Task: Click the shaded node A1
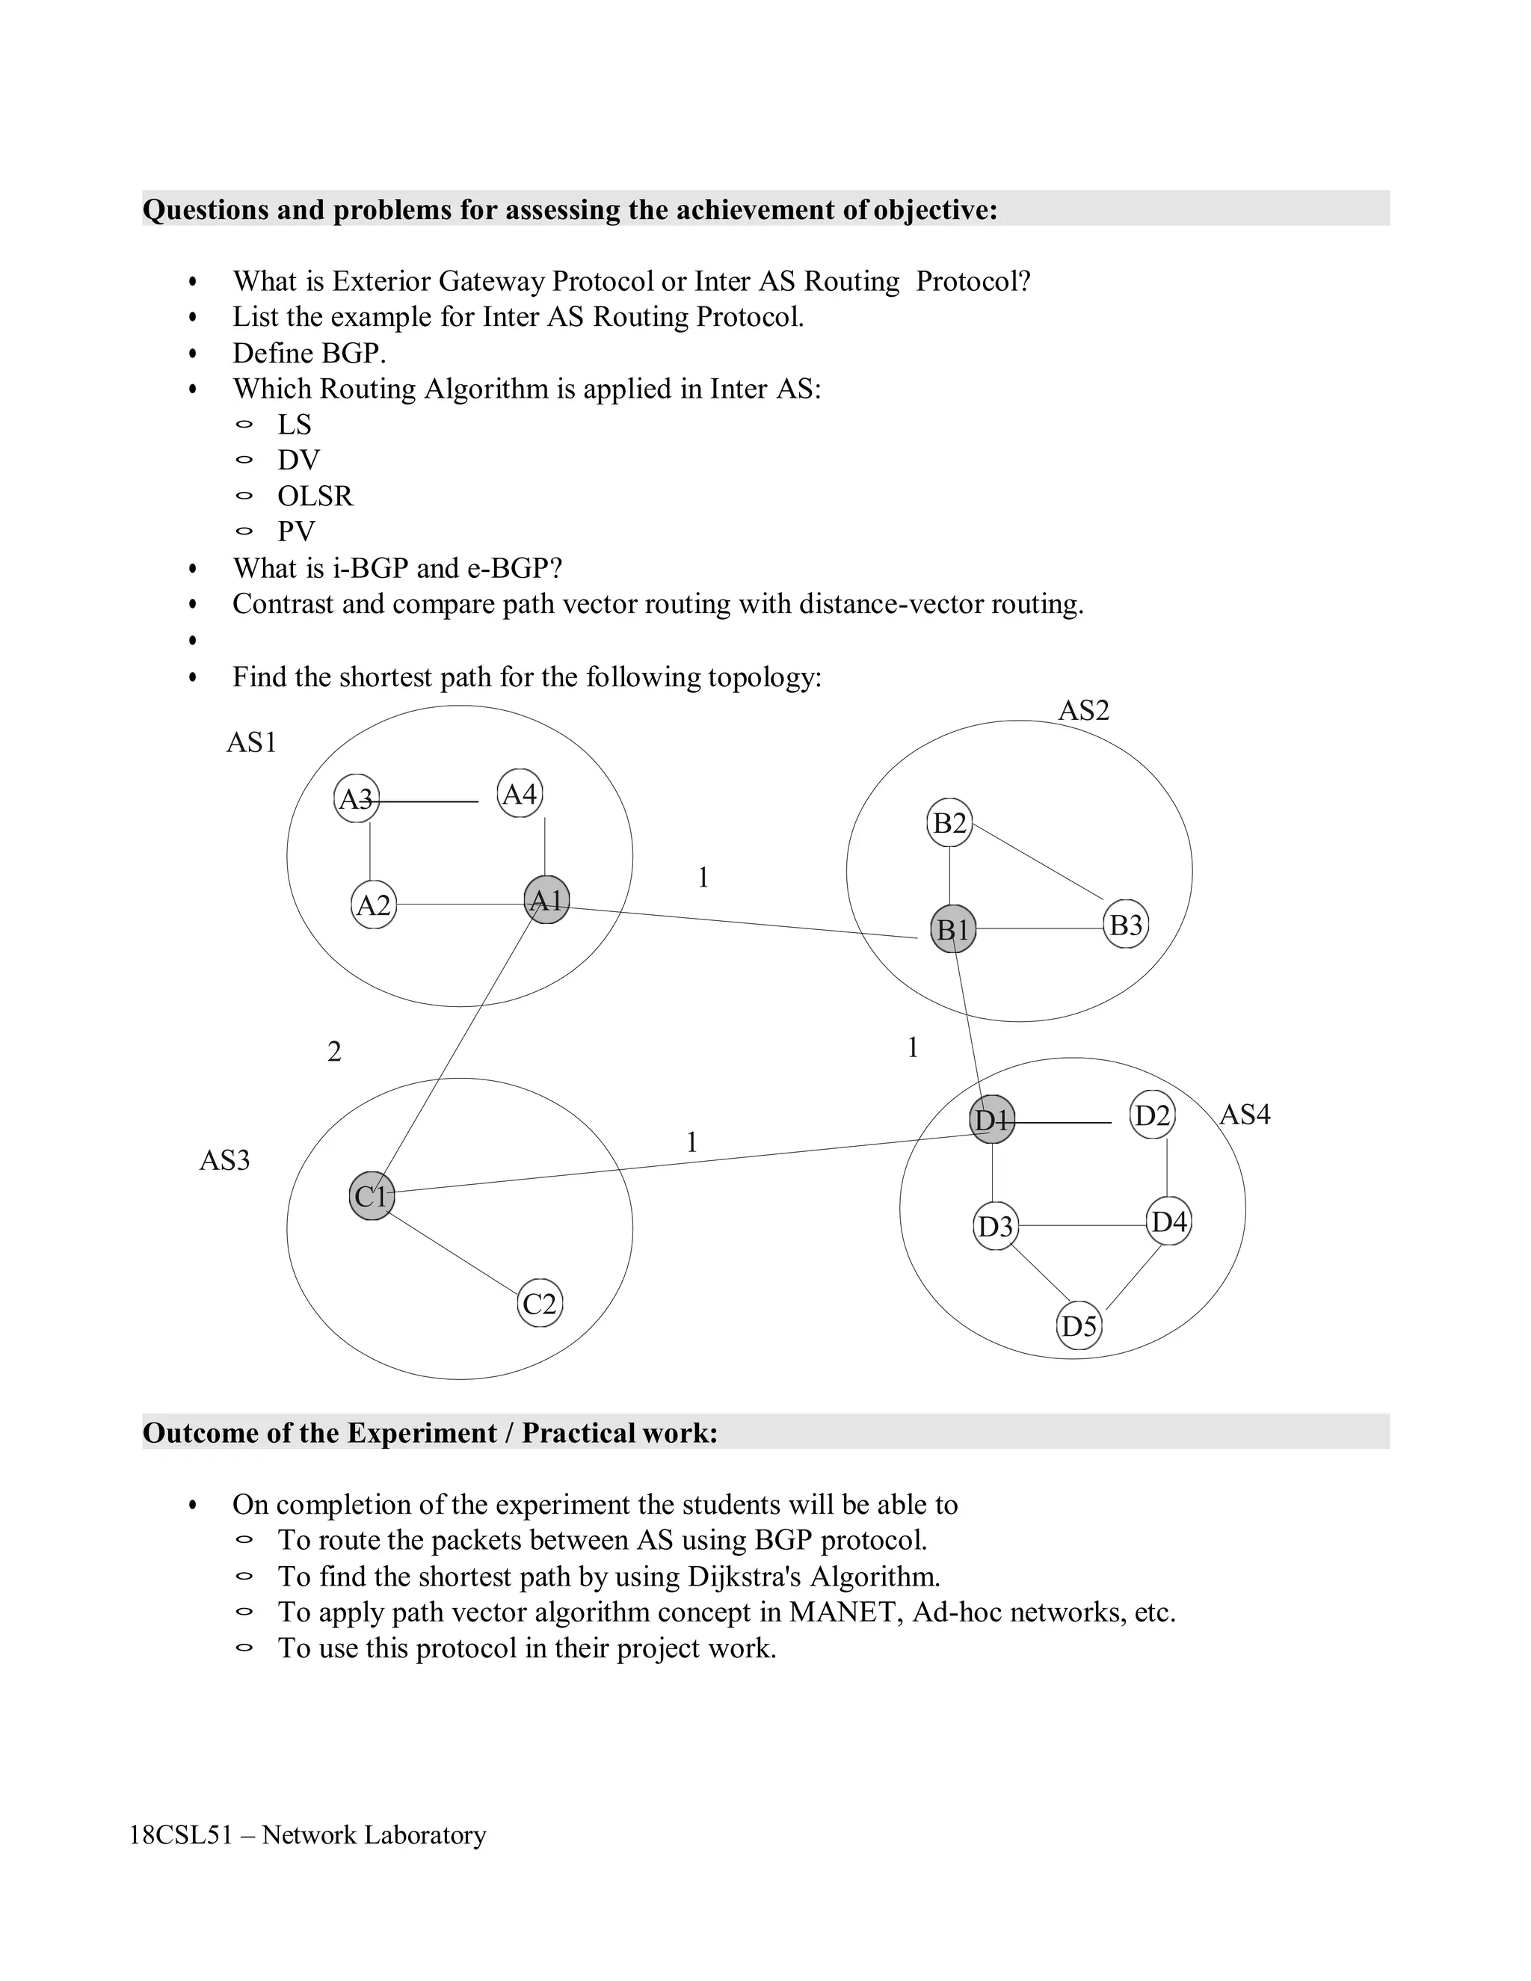547,900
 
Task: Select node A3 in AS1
356,799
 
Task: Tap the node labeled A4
520,795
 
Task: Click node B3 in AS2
1127,925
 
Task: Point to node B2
949,823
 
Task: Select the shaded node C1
371,1196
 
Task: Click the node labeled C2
540,1304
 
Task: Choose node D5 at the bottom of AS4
1079,1327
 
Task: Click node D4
1168,1221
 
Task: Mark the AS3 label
224,1160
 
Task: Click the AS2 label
1084,710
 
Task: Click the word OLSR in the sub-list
315,496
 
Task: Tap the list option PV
296,532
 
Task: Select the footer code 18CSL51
180,1835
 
